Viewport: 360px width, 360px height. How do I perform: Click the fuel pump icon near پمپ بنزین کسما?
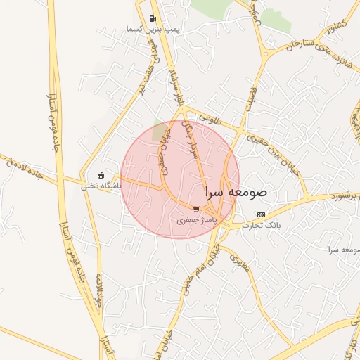click(x=153, y=18)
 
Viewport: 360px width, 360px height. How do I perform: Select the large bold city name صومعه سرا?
click(x=237, y=191)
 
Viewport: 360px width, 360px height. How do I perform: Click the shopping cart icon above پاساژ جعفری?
click(x=196, y=210)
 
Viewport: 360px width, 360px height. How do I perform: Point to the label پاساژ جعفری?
click(x=196, y=220)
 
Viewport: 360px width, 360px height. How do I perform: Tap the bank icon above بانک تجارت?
click(x=262, y=214)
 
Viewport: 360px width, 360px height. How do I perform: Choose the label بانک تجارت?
click(x=262, y=226)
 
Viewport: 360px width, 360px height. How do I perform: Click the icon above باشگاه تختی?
click(x=101, y=175)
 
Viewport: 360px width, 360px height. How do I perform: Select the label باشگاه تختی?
click(x=101, y=186)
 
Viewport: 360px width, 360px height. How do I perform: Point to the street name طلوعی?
click(x=210, y=120)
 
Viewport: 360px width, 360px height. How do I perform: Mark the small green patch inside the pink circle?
click(x=161, y=131)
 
